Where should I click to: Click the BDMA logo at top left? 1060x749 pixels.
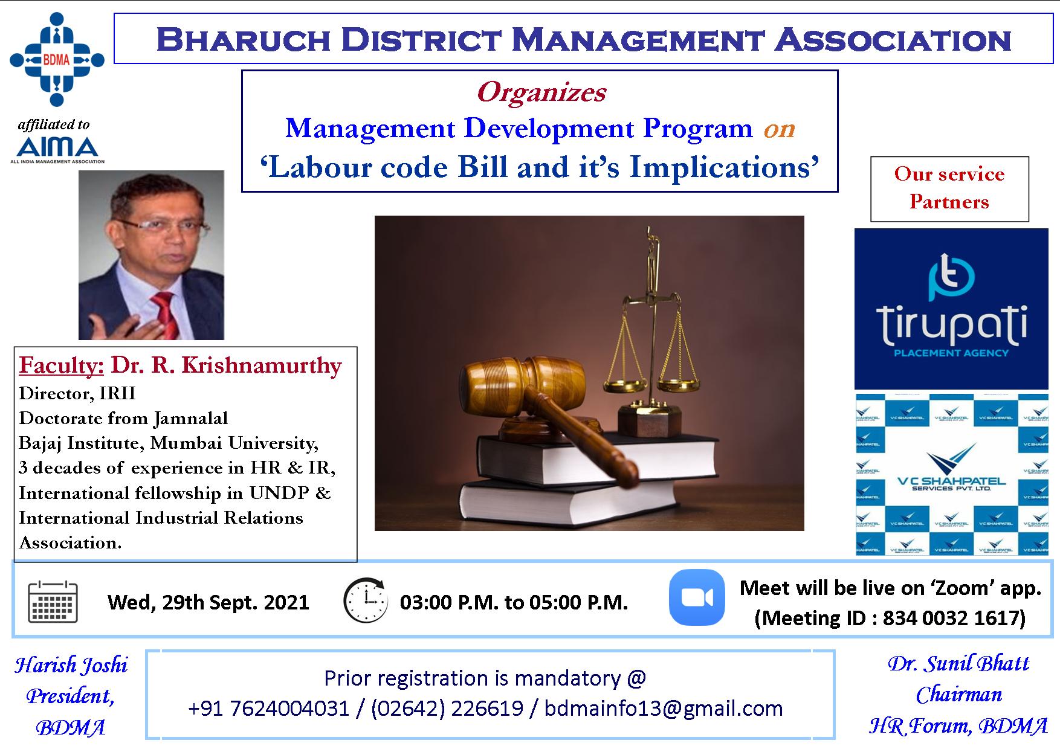click(x=57, y=59)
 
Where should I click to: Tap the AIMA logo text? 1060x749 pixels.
click(x=57, y=147)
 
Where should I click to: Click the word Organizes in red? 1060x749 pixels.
click(x=541, y=92)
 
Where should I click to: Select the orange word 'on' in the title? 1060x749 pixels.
click(x=779, y=129)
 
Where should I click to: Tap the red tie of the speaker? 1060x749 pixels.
click(x=164, y=314)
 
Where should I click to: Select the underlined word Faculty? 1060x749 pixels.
click(x=62, y=365)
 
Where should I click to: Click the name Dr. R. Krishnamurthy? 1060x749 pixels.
click(x=226, y=365)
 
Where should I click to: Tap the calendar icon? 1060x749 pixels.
click(x=53, y=602)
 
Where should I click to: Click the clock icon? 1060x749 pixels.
click(x=366, y=601)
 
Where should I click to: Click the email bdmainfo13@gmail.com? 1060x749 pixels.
click(x=663, y=708)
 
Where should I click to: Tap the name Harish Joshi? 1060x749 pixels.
click(x=71, y=665)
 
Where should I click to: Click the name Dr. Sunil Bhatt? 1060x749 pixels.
click(x=958, y=663)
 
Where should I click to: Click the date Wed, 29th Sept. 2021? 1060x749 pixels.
click(x=208, y=602)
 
